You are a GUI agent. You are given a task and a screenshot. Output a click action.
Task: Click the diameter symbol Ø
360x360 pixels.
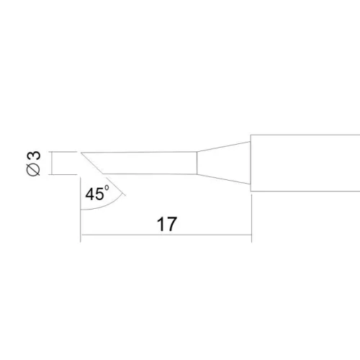(x=33, y=170)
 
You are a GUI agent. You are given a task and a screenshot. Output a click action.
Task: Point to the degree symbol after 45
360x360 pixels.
(x=107, y=187)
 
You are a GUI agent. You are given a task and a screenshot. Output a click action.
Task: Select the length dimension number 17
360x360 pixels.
(x=167, y=224)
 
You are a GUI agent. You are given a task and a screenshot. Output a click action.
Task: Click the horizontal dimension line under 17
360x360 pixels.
(x=166, y=235)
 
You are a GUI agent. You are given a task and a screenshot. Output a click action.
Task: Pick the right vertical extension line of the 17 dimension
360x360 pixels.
(x=251, y=218)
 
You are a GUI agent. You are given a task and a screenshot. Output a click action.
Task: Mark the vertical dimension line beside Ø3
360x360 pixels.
(x=51, y=163)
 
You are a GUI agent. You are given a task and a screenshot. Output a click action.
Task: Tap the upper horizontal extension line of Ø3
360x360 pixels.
(x=63, y=152)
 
